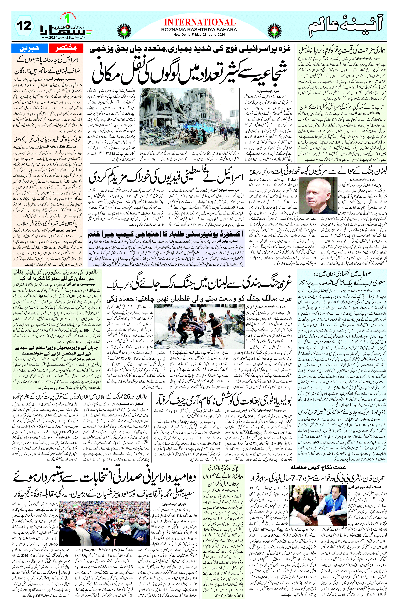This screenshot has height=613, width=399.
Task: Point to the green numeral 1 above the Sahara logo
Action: coord(68,19)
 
